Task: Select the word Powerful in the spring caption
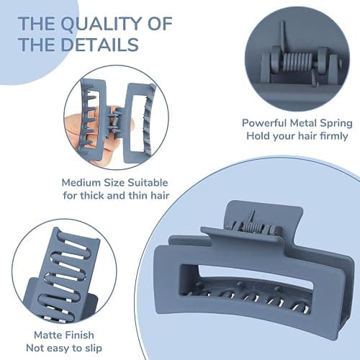(264, 123)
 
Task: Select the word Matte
(48, 335)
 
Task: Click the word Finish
(79, 335)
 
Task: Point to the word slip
(93, 348)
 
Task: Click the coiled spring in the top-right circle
(298, 64)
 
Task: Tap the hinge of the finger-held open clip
(114, 120)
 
